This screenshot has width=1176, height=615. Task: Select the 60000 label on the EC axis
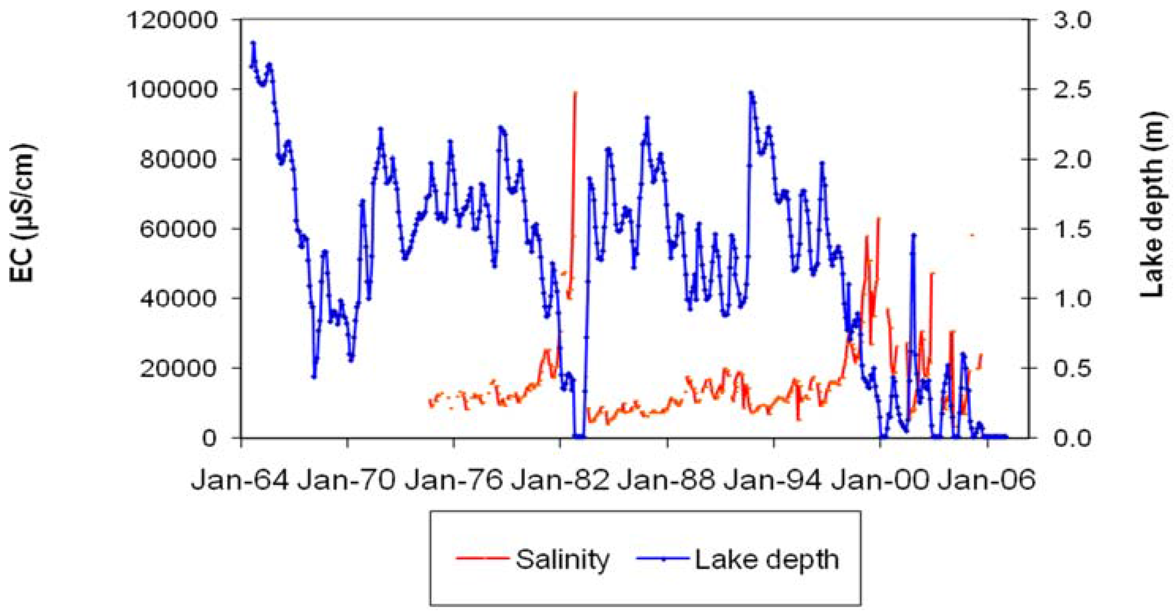178,229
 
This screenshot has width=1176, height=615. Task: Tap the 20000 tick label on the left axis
178,368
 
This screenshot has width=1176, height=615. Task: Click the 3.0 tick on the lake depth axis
1070,21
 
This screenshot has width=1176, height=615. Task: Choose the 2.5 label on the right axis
1070,89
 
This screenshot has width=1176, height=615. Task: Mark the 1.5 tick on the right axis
1070,229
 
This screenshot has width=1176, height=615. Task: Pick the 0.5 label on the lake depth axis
1070,368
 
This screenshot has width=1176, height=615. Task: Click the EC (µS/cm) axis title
22,213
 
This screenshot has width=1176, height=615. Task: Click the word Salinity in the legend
563,559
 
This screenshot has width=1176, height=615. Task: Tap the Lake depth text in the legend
767,559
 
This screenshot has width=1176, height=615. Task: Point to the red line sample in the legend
482,558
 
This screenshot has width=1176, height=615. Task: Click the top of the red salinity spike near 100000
575,93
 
